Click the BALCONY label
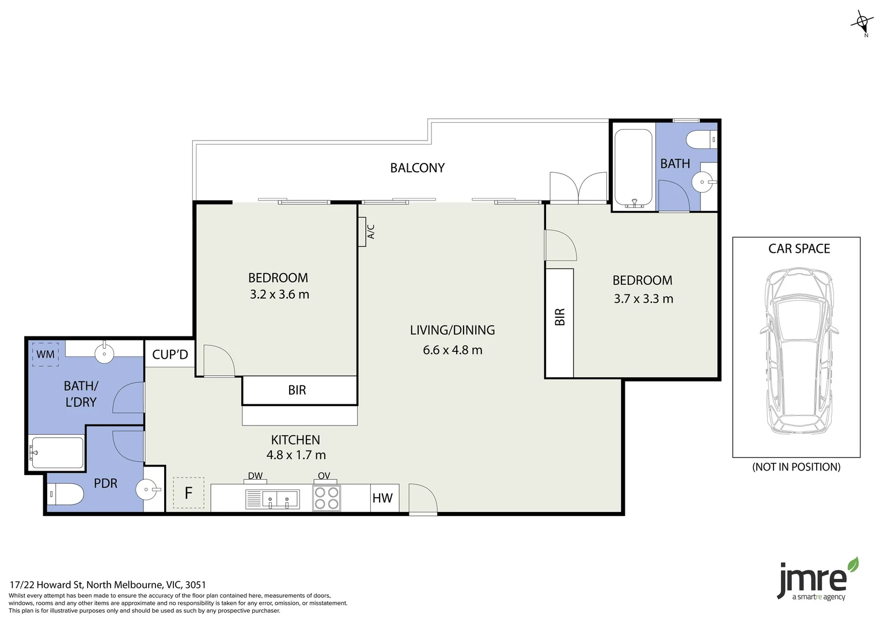417,168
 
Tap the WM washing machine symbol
45,354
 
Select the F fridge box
188,493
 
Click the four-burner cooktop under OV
327,498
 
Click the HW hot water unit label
382,498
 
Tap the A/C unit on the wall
363,232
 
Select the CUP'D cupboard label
170,355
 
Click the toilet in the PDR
65,494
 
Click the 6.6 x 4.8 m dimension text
452,350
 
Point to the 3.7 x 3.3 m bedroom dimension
643,299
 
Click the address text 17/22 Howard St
108,585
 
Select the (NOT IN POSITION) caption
796,467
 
